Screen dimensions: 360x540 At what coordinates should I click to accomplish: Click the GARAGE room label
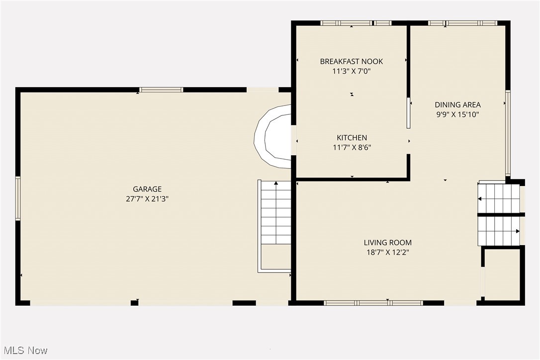click(147, 189)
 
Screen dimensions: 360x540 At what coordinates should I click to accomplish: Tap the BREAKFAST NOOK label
click(352, 62)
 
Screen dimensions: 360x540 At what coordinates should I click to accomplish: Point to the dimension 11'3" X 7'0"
click(352, 71)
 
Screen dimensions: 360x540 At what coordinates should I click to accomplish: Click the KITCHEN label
click(352, 138)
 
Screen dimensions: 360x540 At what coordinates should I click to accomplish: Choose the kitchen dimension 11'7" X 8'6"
click(352, 147)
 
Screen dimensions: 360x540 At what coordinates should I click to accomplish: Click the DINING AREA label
click(457, 105)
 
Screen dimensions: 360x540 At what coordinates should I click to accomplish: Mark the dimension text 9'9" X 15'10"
click(457, 114)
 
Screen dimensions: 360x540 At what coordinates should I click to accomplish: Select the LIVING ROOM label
click(387, 243)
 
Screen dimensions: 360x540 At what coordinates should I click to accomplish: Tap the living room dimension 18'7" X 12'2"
click(387, 252)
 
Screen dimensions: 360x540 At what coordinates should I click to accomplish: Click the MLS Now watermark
click(24, 351)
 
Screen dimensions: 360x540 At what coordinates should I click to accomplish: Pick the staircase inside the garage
click(275, 214)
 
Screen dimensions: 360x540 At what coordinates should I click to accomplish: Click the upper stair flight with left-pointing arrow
click(499, 198)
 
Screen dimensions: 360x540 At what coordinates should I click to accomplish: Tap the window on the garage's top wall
click(161, 90)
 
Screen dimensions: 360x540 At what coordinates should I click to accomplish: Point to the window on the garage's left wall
click(18, 198)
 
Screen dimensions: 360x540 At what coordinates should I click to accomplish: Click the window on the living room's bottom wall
click(373, 303)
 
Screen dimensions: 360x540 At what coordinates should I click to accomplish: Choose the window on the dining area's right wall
click(508, 133)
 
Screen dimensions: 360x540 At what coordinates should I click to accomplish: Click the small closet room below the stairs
click(502, 275)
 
